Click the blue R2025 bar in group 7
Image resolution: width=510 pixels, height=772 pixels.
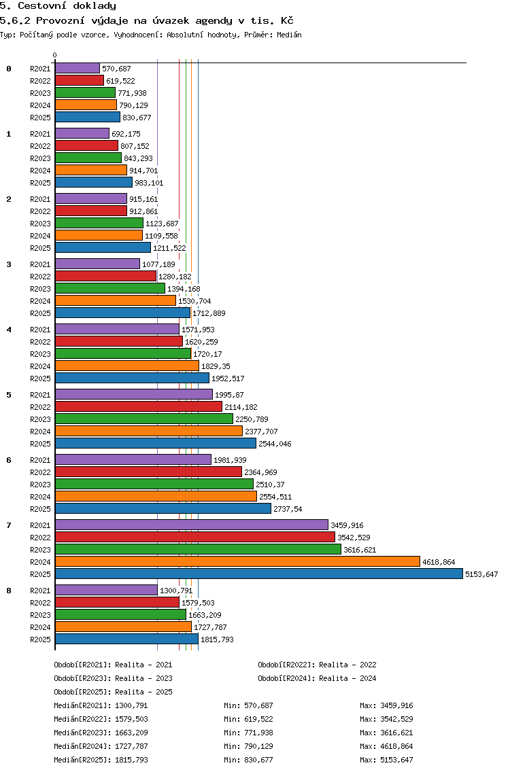pos(259,574)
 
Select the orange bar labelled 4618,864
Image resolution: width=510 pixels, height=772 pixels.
pos(237,562)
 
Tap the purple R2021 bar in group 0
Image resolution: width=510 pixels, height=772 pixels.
pos(78,69)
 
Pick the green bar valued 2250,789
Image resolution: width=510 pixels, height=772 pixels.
pos(144,419)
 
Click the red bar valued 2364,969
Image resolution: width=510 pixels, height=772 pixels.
pos(148,472)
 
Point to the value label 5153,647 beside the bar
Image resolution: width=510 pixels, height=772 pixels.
pos(481,574)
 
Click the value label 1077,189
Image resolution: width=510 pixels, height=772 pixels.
pos(158,264)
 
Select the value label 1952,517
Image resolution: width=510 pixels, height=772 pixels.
pos(228,379)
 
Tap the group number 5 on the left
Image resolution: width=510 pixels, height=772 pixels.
pos(9,395)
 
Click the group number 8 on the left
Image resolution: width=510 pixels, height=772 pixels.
pos(9,591)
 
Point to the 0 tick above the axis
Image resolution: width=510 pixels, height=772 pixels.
pos(54,55)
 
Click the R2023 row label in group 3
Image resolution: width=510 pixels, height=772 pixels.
pos(40,289)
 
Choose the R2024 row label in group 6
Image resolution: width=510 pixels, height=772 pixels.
pos(40,497)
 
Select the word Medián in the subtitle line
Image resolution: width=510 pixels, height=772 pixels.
pos(289,35)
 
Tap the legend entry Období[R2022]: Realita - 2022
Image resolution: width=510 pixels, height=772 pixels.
pos(317,665)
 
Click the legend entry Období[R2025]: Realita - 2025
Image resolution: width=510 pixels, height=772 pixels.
pos(114,692)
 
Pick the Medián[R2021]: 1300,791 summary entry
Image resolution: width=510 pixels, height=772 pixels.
pos(101,705)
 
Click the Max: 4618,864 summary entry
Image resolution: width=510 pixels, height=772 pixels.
pos(386,746)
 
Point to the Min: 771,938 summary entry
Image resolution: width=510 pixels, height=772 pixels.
pos(248,733)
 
